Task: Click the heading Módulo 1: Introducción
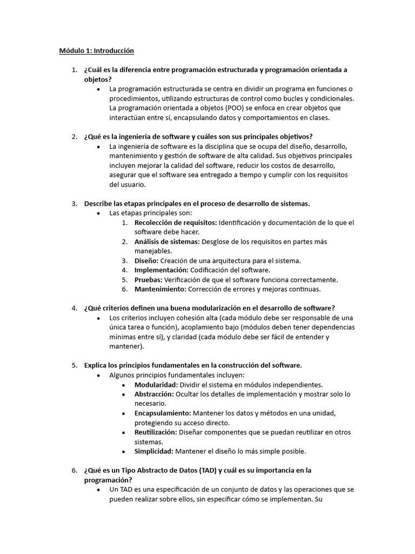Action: (96, 51)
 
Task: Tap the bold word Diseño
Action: (146, 261)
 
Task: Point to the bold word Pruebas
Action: (148, 280)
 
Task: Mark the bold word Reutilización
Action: (156, 432)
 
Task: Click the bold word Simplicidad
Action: (153, 451)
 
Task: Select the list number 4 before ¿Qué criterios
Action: (74, 308)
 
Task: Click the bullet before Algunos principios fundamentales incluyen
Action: (98, 375)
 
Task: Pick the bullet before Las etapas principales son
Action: (98, 213)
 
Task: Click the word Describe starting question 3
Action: (99, 203)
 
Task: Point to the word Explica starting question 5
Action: (96, 365)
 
